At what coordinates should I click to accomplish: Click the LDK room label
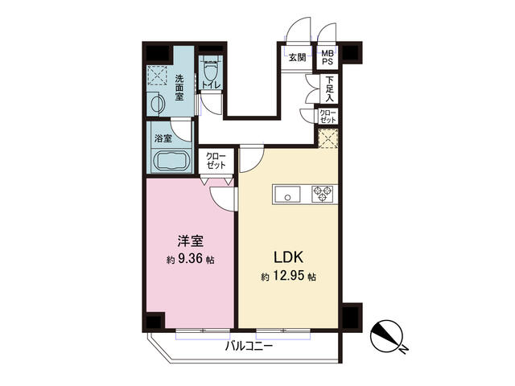pyautogui.click(x=288, y=258)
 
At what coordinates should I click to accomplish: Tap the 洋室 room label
pyautogui.click(x=190, y=240)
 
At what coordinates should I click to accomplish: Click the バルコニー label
pyautogui.click(x=249, y=347)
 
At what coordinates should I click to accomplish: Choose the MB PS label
pyautogui.click(x=328, y=57)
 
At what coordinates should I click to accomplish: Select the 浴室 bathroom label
pyautogui.click(x=163, y=138)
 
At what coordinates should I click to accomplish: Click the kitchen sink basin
pyautogui.click(x=287, y=193)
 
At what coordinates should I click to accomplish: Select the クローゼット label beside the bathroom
pyautogui.click(x=216, y=159)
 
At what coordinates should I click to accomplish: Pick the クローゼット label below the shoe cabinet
pyautogui.click(x=328, y=115)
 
